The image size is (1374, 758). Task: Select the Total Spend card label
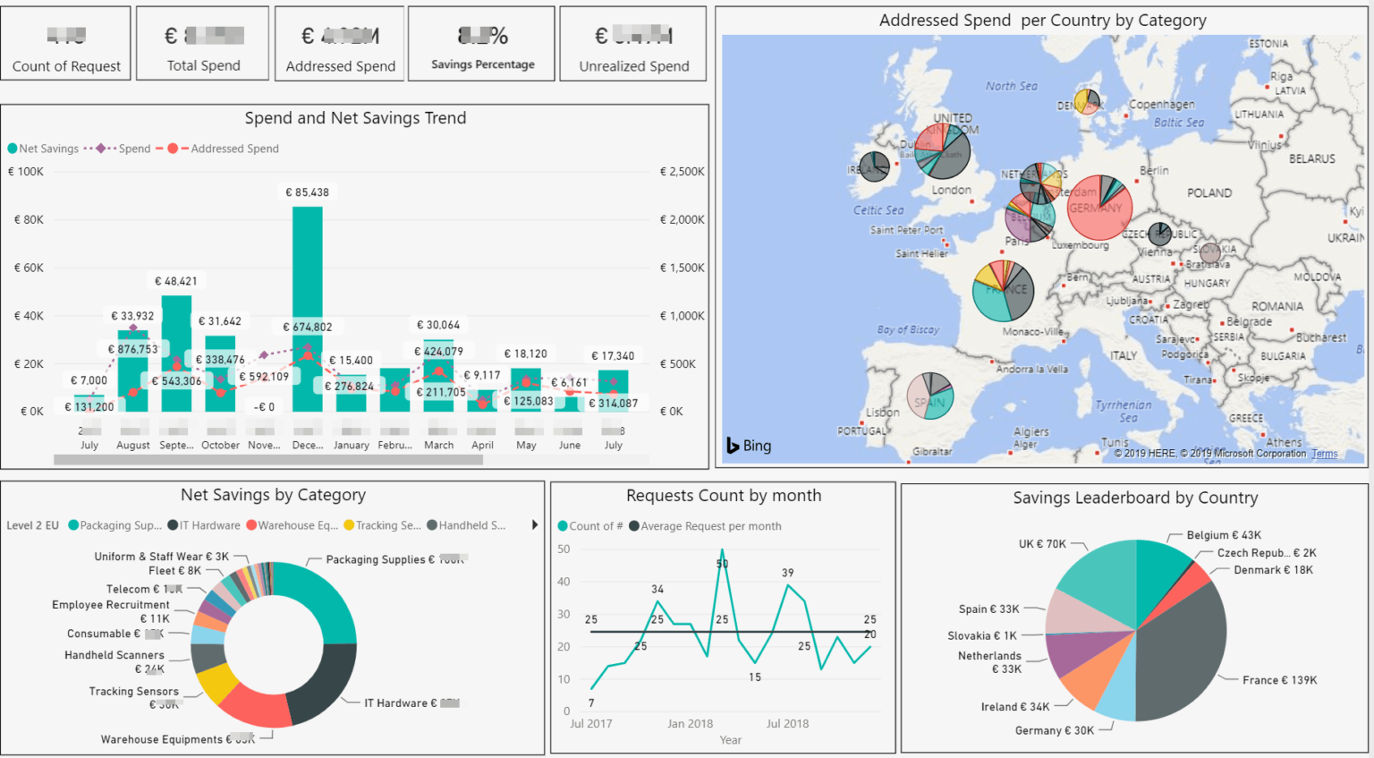pos(203,65)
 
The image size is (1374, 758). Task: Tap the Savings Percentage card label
pos(482,64)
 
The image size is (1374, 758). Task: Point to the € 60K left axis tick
pos(29,268)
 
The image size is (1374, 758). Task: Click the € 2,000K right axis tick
pos(682,219)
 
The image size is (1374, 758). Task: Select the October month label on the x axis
pos(220,445)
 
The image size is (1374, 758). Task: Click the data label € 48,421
pos(176,281)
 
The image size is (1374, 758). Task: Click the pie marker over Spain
pos(930,396)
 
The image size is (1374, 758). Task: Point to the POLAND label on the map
pos(1209,193)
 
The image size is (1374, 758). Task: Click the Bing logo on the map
pos(749,446)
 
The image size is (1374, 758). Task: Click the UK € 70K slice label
pos(1042,544)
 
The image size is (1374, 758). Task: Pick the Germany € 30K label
pos(1054,730)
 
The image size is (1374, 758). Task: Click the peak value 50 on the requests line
pos(722,564)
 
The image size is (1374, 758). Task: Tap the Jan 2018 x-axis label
pos(690,723)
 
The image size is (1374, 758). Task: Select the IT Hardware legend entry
pos(209,525)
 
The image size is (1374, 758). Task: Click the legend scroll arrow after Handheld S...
pos(534,525)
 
